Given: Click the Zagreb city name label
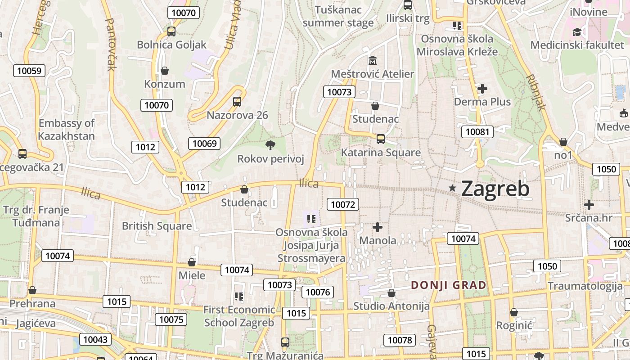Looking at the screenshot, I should coord(495,189).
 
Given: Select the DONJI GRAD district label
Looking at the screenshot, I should coord(449,285).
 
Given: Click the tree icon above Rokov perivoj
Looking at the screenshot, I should coord(270,145).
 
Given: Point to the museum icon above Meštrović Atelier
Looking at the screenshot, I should coord(373,60).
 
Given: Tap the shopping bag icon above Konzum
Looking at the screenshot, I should coord(165,71).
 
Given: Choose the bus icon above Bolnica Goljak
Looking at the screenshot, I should coord(171,31).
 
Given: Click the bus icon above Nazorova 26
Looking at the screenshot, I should coord(237,101).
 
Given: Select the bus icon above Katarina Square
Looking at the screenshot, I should coord(381,139).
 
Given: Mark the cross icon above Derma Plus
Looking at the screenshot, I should coord(482,88).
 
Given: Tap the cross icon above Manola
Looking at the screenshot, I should coord(378,227).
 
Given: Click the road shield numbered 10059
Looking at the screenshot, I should coord(29,71).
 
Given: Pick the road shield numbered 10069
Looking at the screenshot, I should coord(204,144).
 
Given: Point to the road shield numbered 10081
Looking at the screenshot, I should coord(477,132).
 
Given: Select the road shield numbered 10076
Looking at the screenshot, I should coord(318,292).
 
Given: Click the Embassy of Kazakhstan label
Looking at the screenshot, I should coord(67,130).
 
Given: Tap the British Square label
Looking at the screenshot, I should coord(157,226).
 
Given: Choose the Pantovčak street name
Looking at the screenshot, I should coord(110,44).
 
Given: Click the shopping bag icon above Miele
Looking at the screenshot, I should coord(192,262).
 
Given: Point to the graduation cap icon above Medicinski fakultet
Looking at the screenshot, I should coord(577,31).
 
